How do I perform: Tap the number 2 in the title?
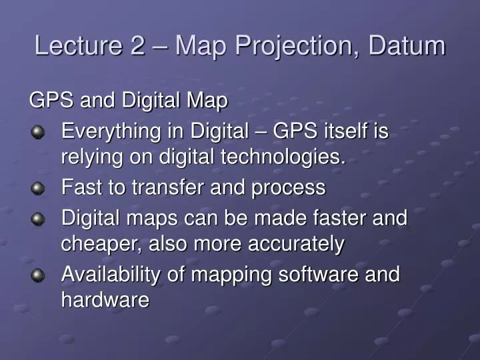click(x=135, y=46)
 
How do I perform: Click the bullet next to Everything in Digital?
click(x=39, y=133)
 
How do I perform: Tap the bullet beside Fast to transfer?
click(x=39, y=189)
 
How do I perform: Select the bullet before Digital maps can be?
click(x=39, y=219)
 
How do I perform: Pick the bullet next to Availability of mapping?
click(x=39, y=275)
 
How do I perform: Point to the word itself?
click(x=344, y=132)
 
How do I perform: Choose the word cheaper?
click(x=96, y=245)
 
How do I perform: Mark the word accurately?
click(x=296, y=245)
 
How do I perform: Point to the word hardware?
click(x=105, y=300)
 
